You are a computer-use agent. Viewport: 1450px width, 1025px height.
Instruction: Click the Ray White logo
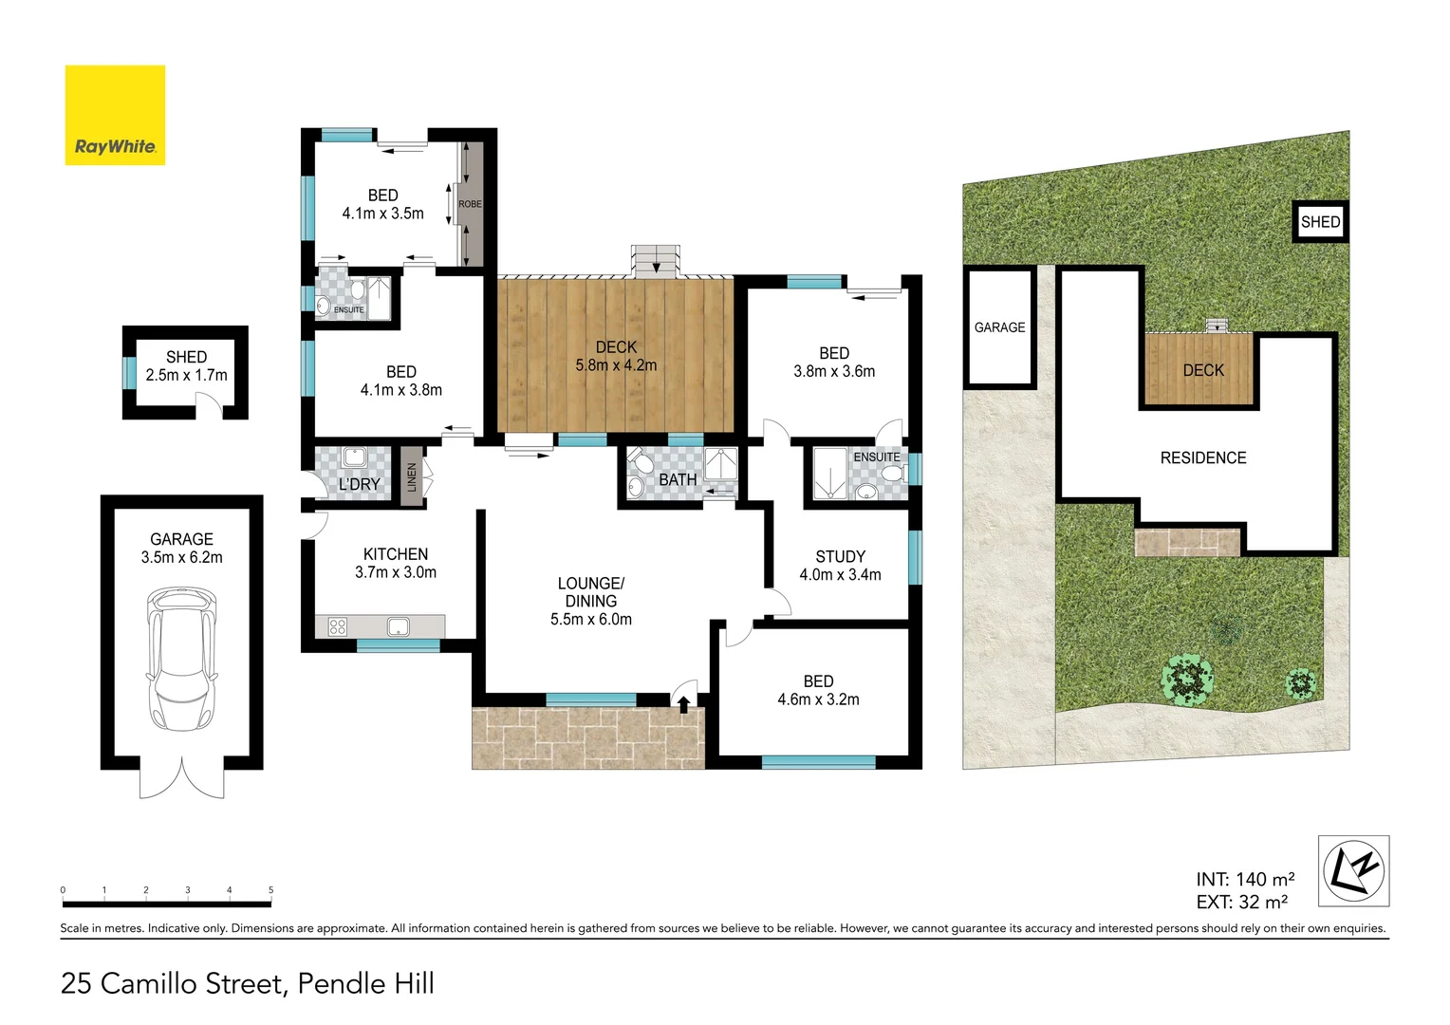(x=115, y=115)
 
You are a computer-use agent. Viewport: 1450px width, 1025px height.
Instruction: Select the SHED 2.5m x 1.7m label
(x=186, y=366)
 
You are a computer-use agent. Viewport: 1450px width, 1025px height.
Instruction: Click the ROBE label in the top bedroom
(x=470, y=204)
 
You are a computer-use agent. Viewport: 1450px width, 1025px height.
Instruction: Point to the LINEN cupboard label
(x=412, y=476)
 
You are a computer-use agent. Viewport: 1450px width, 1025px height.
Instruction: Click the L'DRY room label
(x=359, y=484)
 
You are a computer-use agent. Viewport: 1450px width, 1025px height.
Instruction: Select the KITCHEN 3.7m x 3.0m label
(x=396, y=563)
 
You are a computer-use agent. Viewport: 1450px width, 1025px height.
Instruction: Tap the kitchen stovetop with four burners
(x=337, y=626)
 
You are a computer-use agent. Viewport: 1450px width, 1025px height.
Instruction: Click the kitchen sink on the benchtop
(x=398, y=626)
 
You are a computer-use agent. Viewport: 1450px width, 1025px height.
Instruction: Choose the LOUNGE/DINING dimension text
(x=590, y=620)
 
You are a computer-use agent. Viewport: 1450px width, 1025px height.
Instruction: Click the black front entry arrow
(x=683, y=703)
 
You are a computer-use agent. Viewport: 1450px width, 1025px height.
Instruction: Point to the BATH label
(x=678, y=480)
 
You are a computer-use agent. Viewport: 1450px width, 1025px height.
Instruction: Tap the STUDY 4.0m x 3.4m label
(x=840, y=566)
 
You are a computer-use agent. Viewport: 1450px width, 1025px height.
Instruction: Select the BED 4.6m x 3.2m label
(x=818, y=690)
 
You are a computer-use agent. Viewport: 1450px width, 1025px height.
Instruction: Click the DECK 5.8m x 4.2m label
(x=616, y=356)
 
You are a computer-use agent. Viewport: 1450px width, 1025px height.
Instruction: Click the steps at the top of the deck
(x=657, y=261)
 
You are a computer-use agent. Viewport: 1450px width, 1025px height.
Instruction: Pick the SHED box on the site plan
(x=1320, y=222)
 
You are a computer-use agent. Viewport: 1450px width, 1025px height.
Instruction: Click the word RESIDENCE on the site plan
(x=1203, y=458)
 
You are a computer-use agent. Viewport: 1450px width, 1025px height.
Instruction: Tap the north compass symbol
(x=1354, y=870)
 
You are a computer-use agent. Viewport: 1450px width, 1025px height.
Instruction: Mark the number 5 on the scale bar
(x=270, y=890)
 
